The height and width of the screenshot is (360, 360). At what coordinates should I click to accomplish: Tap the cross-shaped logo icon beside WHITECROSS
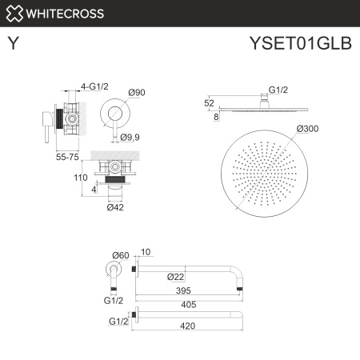click(14, 13)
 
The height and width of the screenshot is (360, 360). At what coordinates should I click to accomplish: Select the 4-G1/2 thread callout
click(93, 86)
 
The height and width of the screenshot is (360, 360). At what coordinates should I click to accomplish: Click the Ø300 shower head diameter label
click(309, 128)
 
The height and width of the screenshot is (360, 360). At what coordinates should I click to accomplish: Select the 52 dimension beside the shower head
click(210, 102)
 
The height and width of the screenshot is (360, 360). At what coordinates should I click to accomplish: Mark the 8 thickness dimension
click(216, 118)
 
